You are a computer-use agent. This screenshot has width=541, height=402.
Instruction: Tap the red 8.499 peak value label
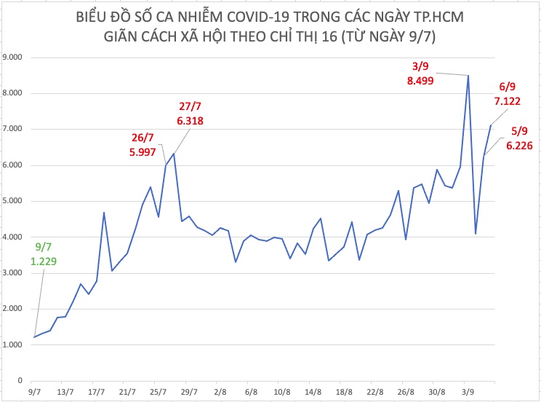420,81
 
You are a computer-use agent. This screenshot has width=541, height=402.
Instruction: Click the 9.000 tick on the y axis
13,57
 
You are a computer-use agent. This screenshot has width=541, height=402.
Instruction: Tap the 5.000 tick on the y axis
13,201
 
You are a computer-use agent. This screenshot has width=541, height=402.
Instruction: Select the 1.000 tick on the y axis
13,344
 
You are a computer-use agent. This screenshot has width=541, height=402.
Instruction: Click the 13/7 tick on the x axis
65,391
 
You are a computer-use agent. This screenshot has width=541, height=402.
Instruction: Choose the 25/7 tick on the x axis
158,391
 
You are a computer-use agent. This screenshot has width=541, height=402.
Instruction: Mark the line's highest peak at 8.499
468,75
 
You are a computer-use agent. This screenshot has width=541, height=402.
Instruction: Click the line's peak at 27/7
173,154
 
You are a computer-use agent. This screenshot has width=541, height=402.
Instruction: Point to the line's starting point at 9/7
34,337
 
